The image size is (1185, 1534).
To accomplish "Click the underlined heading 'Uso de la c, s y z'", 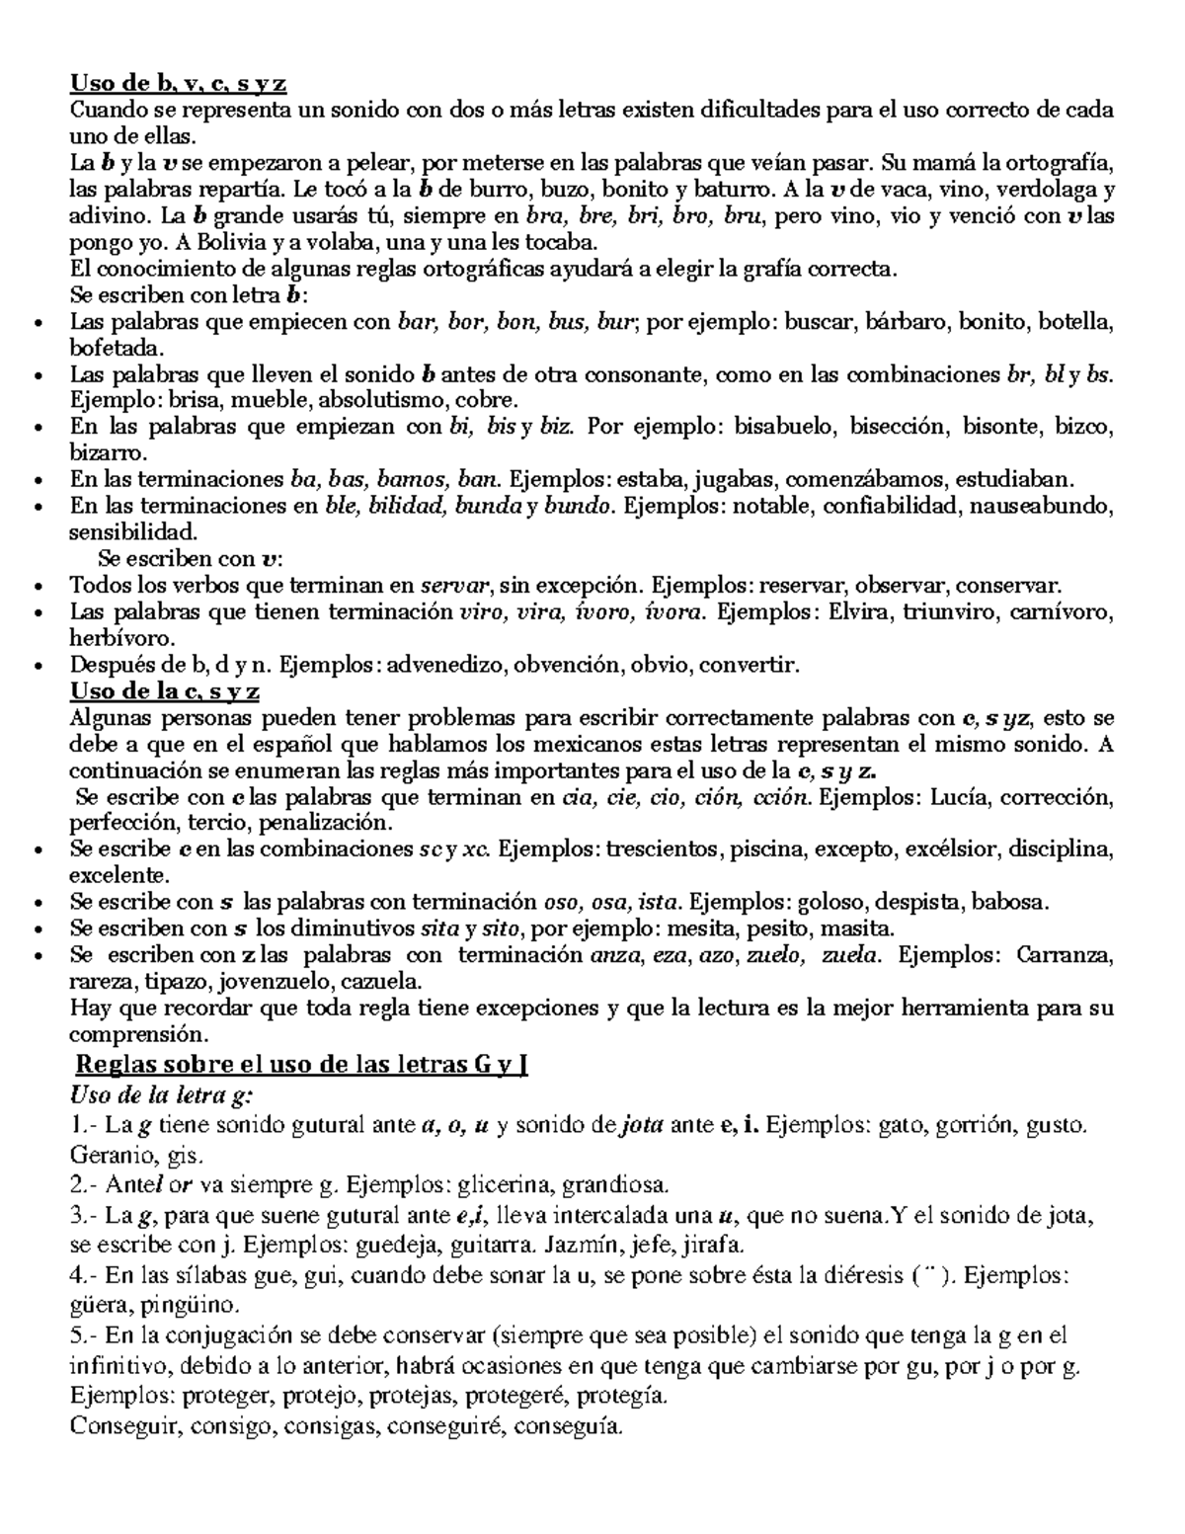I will tap(165, 691).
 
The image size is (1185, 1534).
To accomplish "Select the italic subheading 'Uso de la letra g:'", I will tap(163, 1095).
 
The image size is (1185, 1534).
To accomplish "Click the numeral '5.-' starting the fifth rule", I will tap(85, 1336).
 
